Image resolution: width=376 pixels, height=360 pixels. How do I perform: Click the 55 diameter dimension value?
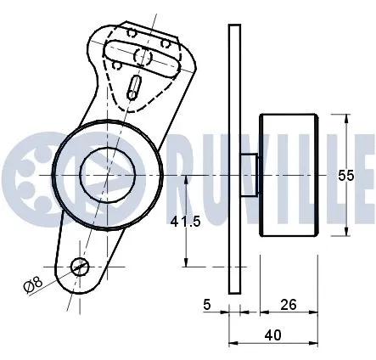tap(345, 176)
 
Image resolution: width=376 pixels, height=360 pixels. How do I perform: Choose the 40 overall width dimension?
tap(272, 335)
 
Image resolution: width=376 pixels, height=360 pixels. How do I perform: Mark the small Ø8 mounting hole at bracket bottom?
tap(79, 267)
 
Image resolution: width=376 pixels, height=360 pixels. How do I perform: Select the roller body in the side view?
tap(289, 176)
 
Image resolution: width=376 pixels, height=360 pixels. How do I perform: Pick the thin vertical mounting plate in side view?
tap(234, 161)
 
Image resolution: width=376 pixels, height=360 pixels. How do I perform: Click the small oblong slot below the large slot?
tap(135, 87)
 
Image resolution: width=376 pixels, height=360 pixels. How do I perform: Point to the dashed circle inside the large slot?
tap(144, 59)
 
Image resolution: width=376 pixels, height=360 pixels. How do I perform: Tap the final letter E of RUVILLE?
tap(368, 177)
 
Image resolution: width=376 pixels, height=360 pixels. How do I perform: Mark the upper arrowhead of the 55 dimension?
tap(346, 118)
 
